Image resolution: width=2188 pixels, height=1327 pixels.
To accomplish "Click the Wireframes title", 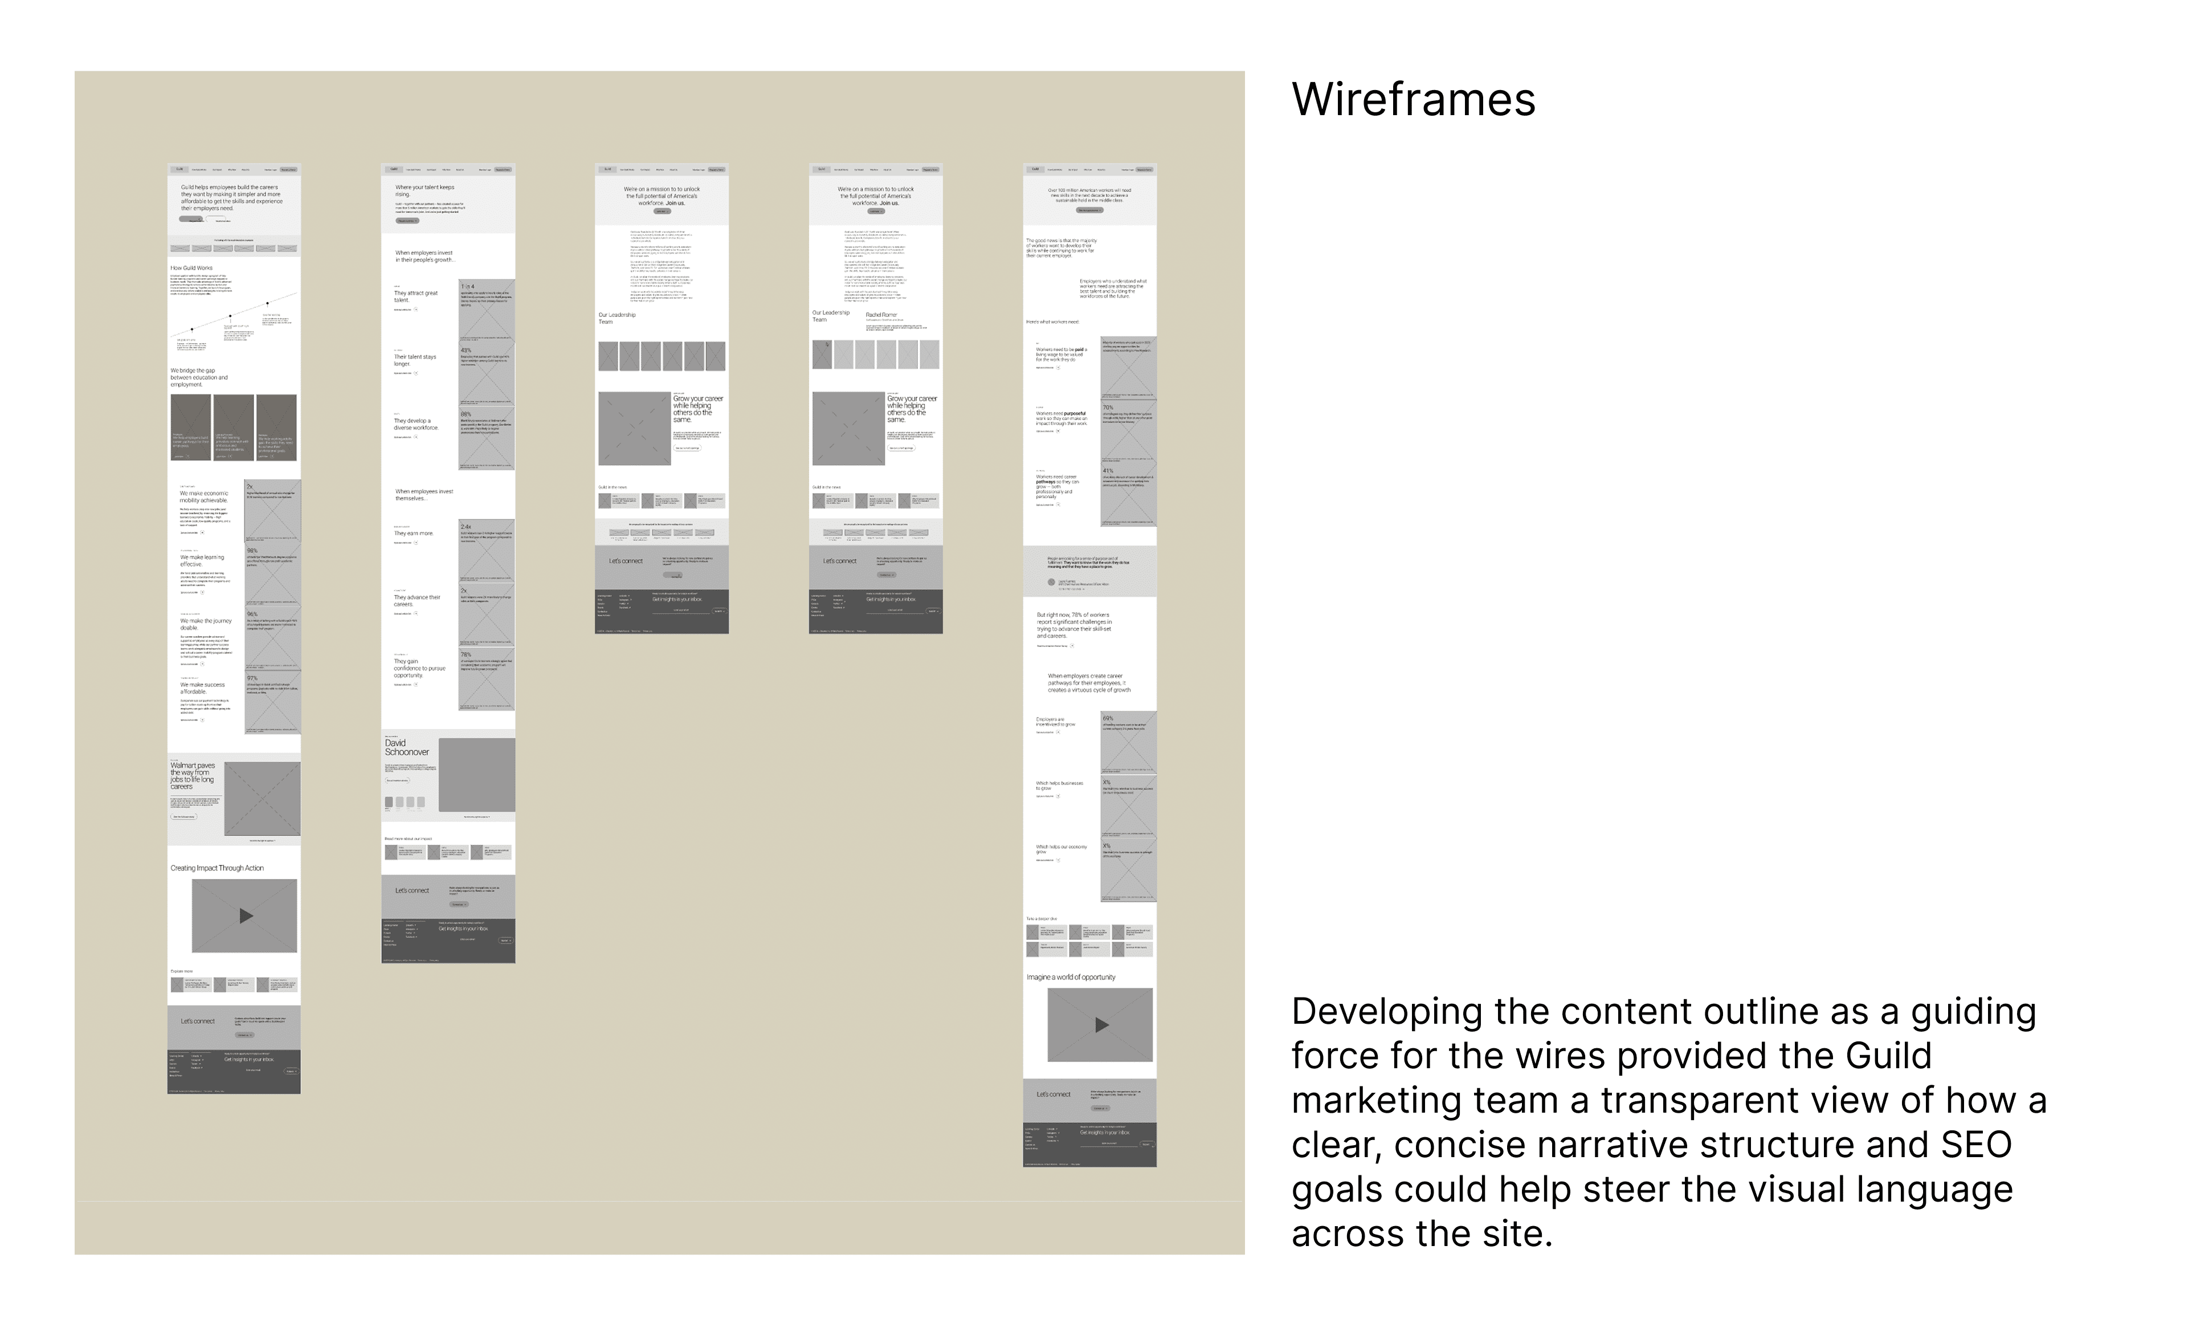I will click(1413, 100).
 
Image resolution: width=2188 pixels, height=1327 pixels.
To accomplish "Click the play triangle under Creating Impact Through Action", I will click(246, 916).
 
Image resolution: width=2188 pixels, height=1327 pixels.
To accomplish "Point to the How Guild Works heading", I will click(192, 267).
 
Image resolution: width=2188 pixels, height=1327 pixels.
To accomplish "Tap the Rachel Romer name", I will click(882, 315).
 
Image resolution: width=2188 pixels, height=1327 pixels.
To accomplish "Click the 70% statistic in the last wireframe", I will click(1108, 408).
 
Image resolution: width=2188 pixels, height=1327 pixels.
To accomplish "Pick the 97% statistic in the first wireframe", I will click(252, 678).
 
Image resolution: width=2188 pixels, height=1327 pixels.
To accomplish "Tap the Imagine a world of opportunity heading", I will click(1071, 977).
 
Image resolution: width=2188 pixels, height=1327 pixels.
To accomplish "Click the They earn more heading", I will click(414, 534).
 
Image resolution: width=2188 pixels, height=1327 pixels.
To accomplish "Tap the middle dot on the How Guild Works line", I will click(230, 316).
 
